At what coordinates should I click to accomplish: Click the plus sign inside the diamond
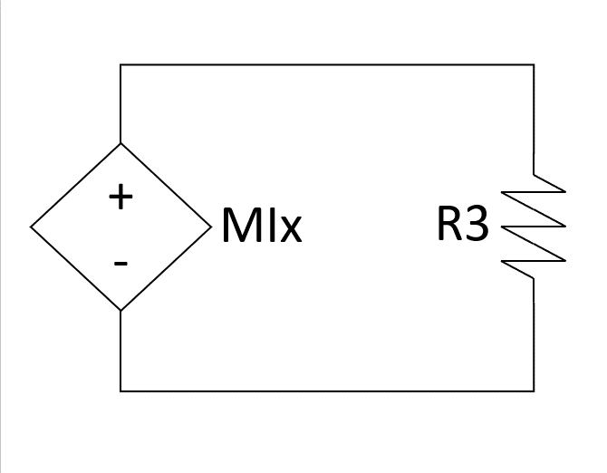120,197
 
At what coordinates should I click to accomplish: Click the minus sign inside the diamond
120,264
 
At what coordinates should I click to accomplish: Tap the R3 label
462,226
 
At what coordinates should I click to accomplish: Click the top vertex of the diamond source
120,143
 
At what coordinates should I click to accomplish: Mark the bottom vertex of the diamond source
120,311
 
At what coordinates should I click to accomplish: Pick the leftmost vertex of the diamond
31,227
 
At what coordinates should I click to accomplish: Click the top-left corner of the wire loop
120,64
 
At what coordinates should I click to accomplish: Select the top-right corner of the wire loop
534,64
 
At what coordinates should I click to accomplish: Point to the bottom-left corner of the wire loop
120,391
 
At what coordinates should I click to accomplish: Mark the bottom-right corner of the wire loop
534,391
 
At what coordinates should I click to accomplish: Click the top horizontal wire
326,64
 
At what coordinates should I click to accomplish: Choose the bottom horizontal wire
326,391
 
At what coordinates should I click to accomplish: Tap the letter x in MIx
289,231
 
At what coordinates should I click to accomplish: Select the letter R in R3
449,226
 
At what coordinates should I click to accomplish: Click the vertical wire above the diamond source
120,104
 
